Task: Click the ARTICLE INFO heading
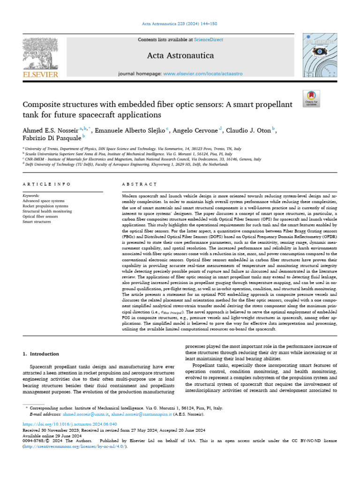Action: coord(47,185)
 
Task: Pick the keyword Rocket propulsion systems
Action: coord(45,206)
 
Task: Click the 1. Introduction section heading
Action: coord(41,354)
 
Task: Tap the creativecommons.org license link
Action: coord(75,447)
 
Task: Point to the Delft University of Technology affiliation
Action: coord(141,165)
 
